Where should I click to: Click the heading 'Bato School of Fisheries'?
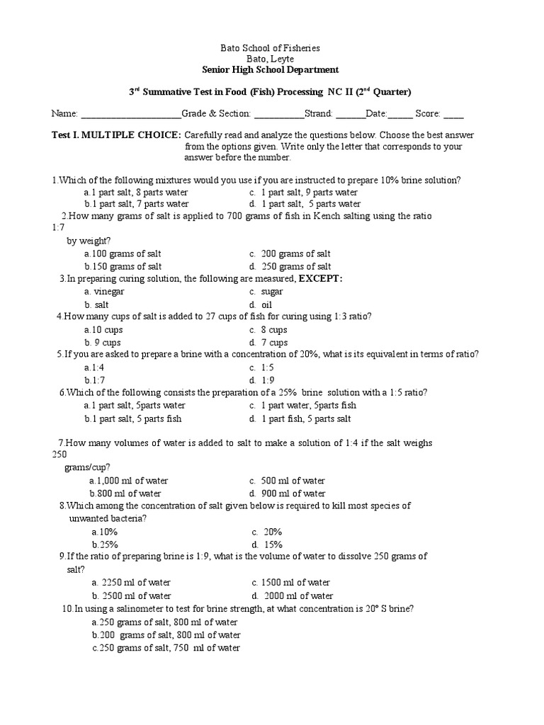pos(271,48)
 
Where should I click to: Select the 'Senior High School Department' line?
pos(271,69)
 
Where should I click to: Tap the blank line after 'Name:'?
pos(131,114)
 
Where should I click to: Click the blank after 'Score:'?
pos(453,114)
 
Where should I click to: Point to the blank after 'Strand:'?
pos(351,114)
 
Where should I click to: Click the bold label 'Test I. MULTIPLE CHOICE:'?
pos(117,135)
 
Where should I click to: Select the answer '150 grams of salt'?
pos(123,266)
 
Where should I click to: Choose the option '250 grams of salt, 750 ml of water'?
pos(166,648)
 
